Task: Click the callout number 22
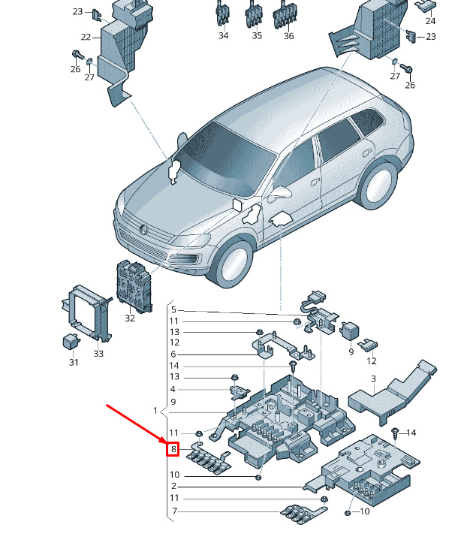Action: click(x=86, y=37)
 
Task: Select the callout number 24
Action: click(x=430, y=21)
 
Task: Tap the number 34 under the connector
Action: click(x=224, y=35)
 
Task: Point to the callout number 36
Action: click(x=289, y=35)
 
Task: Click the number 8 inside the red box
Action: click(x=173, y=450)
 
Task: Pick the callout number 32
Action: click(x=130, y=318)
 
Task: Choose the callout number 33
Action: click(x=98, y=353)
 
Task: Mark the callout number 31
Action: click(x=74, y=362)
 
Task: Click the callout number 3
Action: click(x=372, y=379)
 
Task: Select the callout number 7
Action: click(x=173, y=511)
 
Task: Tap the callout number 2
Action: click(x=173, y=487)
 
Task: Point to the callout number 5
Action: click(x=173, y=309)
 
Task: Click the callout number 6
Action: click(x=173, y=354)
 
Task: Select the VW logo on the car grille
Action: click(x=143, y=229)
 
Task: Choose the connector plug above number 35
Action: click(x=256, y=14)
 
